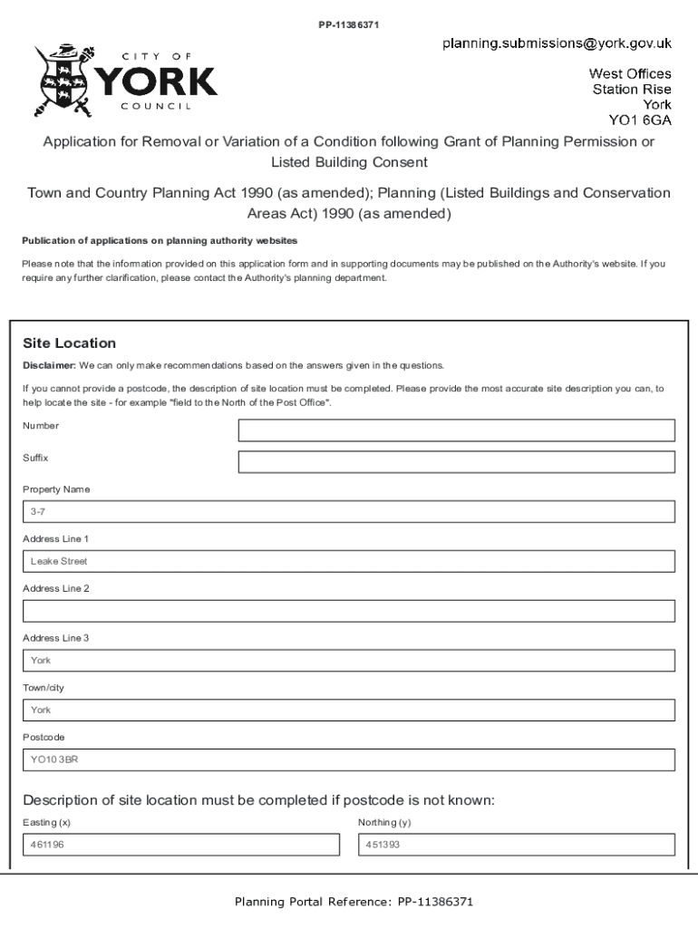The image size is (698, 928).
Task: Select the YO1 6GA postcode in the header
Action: [x=639, y=120]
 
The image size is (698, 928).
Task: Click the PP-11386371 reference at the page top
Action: [x=348, y=24]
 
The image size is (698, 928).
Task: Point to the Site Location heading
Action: [x=69, y=343]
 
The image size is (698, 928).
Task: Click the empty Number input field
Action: [x=456, y=430]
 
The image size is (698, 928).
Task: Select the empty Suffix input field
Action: [x=456, y=462]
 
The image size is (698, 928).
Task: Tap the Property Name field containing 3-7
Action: [x=348, y=512]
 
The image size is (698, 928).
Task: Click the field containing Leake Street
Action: [x=348, y=561]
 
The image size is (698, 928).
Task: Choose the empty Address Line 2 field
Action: [x=348, y=611]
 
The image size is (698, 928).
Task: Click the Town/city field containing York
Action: [x=348, y=710]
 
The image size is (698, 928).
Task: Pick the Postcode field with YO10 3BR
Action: [x=348, y=759]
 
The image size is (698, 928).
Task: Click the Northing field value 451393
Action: [x=517, y=845]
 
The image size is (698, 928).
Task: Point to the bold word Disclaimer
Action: [x=49, y=366]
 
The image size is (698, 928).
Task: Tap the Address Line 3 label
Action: [x=56, y=638]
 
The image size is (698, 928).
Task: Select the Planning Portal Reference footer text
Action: [x=354, y=902]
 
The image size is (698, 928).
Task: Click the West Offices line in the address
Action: [x=630, y=73]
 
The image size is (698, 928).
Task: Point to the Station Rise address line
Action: [x=632, y=89]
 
